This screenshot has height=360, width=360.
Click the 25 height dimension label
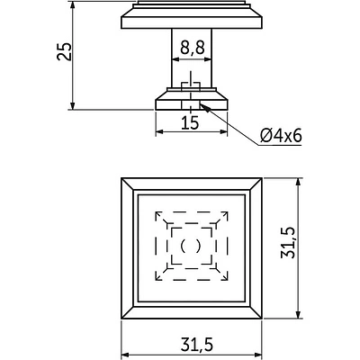[x=65, y=51]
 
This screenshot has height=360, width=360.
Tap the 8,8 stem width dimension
[x=193, y=48]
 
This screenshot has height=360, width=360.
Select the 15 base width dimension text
[x=190, y=122]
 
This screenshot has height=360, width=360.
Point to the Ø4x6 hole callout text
[x=281, y=137]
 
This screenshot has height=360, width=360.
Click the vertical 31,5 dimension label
[x=288, y=243]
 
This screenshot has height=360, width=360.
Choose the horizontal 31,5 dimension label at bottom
[x=197, y=345]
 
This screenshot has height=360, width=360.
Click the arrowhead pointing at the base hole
[x=204, y=107]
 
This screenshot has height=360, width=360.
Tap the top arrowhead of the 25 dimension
[x=72, y=5]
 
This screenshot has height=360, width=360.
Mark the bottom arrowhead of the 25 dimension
[x=72, y=106]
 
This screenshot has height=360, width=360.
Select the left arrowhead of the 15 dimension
[x=159, y=131]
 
